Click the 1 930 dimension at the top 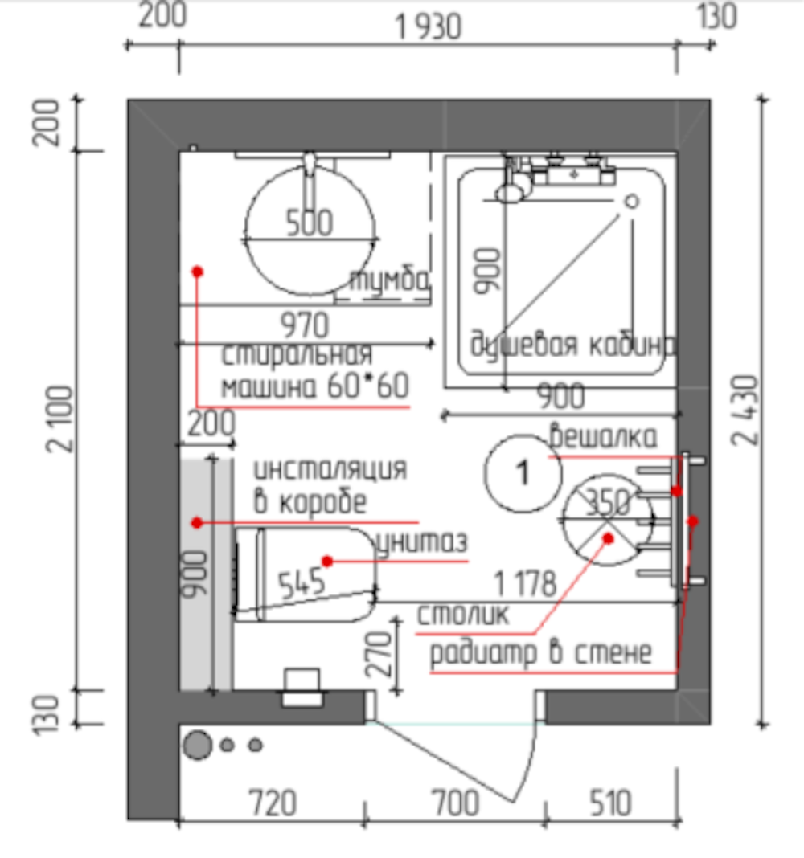pos(429,27)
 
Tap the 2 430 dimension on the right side pos(746,410)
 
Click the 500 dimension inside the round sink pos(310,223)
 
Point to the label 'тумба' pos(389,280)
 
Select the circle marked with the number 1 pos(523,473)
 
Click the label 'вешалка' pos(603,436)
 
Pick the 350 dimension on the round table pos(609,502)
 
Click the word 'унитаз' pos(422,541)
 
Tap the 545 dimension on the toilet pos(301,583)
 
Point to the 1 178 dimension pos(525,583)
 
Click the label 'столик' pos(463,615)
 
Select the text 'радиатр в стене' pos(541,653)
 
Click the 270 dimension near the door pos(379,655)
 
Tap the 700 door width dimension pos(456,803)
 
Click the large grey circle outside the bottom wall pos(197,745)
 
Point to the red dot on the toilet pos(327,561)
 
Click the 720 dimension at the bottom pos(273,803)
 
